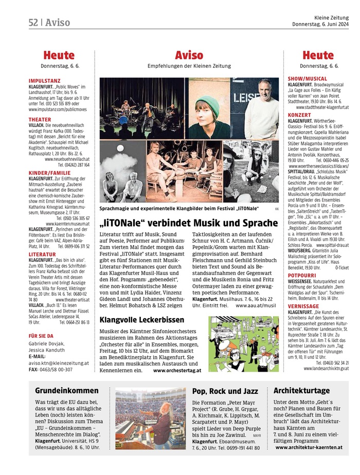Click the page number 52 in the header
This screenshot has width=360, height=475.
[x=35, y=22]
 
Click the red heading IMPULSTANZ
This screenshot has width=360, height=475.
[x=45, y=81]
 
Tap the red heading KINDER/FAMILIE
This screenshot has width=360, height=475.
[x=50, y=173]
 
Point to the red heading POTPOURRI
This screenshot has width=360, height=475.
[x=303, y=275]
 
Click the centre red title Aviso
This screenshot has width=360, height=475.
[x=189, y=55]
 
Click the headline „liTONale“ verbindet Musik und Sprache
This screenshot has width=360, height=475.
[x=189, y=223]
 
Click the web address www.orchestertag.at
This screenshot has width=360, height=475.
[x=176, y=370]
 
